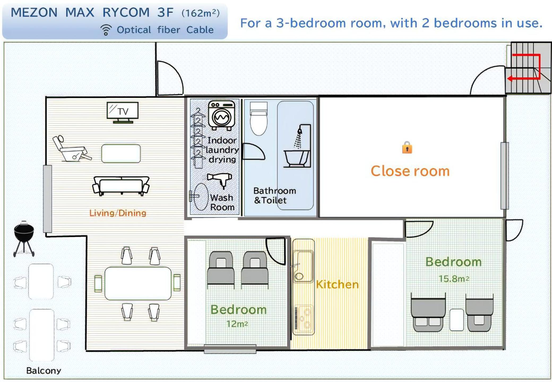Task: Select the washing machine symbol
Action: [222, 115]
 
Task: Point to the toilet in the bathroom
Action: [258, 119]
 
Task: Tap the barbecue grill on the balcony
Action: [24, 238]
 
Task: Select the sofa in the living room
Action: [121, 186]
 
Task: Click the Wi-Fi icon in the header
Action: [106, 30]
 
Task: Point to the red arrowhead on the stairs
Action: [510, 78]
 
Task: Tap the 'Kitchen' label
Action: [337, 284]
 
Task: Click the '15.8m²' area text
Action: [454, 279]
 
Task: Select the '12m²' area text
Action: [237, 324]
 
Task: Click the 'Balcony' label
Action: [44, 370]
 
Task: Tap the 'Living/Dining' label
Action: [118, 213]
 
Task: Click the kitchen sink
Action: [303, 266]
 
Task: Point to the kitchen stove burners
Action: [304, 319]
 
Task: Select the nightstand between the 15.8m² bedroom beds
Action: [456, 320]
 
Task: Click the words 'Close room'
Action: [410, 171]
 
